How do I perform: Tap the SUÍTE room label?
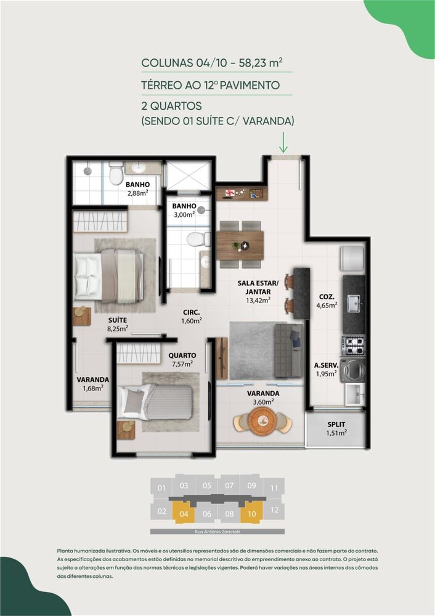(x=118, y=320)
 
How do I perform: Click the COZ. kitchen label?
(x=327, y=295)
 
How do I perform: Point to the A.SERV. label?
(x=326, y=363)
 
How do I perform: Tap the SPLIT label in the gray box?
(x=336, y=424)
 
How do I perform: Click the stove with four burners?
(x=354, y=345)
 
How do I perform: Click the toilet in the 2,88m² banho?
(x=116, y=175)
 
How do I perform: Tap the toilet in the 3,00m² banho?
(x=196, y=239)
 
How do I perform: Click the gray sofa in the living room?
(x=288, y=350)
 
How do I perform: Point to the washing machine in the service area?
(x=354, y=370)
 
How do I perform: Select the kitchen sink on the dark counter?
(x=354, y=303)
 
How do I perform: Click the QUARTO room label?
(x=182, y=355)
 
